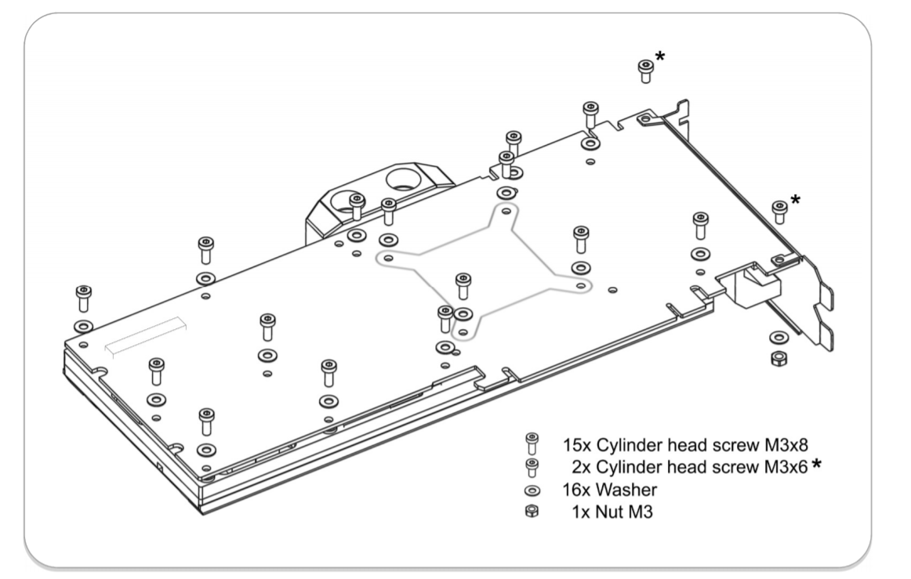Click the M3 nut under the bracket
779,359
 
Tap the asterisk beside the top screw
661,56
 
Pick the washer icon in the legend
531,490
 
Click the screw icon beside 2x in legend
531,467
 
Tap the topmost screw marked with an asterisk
644,71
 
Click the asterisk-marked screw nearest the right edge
779,211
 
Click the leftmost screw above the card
82,299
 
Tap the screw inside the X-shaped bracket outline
463,285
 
